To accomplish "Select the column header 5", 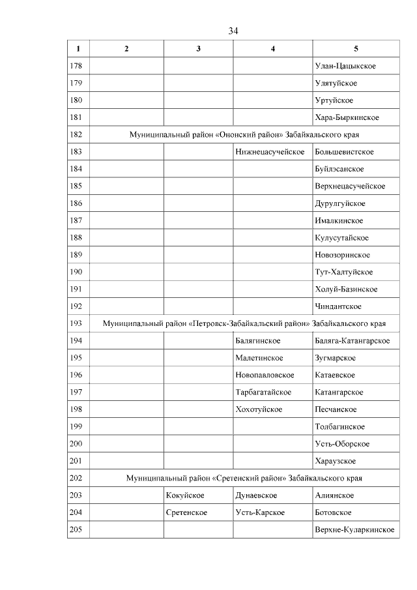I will click(x=356, y=49).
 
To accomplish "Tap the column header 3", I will click(x=198, y=49).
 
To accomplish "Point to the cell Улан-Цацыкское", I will click(x=345, y=66).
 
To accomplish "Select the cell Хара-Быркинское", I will click(x=346, y=117).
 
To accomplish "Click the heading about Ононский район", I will click(x=244, y=135).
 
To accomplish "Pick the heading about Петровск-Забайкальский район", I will click(x=244, y=323).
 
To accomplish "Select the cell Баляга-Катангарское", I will click(x=352, y=341).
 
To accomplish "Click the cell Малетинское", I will click(x=259, y=358).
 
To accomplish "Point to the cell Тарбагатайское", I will click(x=263, y=392).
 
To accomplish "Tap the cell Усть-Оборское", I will click(x=342, y=444).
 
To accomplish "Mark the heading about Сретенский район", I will click(x=244, y=478).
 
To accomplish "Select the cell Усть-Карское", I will click(x=260, y=512).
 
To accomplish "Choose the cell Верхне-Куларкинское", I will click(x=354, y=529).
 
